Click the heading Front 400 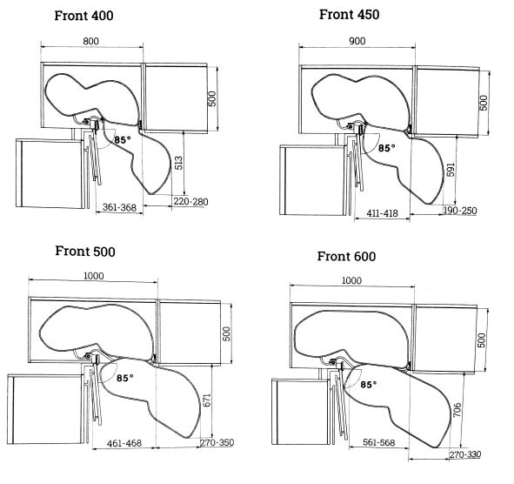coord(83,16)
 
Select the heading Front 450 coord(349,15)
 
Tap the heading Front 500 coord(85,252)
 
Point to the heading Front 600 coord(346,256)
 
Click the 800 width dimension coord(90,41)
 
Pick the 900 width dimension coord(357,41)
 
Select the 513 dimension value coord(178,163)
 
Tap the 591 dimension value coord(451,170)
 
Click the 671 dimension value coord(207,400)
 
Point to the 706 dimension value coord(457,410)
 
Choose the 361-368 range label coord(119,207)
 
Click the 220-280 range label coord(190,201)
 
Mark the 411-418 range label coord(382,213)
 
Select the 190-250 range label coord(460,211)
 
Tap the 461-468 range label coord(124,443)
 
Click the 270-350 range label coord(217,443)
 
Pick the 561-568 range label coord(379,443)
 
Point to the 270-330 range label coord(465,454)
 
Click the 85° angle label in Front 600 coord(369,384)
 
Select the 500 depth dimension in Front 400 coord(212,98)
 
